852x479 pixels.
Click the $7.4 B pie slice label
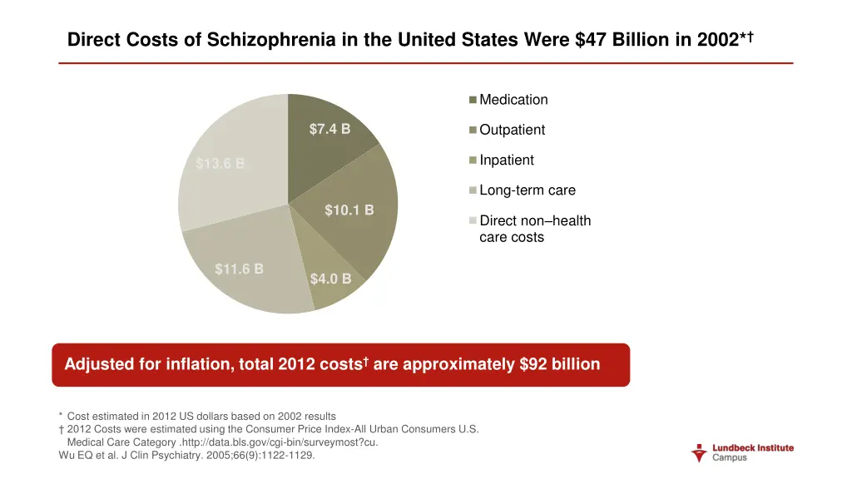coord(329,129)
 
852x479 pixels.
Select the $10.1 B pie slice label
coord(349,210)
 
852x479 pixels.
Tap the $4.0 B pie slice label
coord(330,279)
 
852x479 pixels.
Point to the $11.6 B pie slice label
coord(239,269)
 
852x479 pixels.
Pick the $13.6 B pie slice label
coord(220,163)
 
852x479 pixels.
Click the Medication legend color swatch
coord(473,100)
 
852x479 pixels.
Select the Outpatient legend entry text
coord(512,130)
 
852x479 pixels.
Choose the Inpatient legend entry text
coord(507,160)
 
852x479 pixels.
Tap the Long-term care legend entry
coord(527,190)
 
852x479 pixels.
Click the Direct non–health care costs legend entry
coord(534,229)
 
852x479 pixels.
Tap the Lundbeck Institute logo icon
coord(700,453)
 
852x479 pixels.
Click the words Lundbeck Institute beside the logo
coord(753,448)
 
